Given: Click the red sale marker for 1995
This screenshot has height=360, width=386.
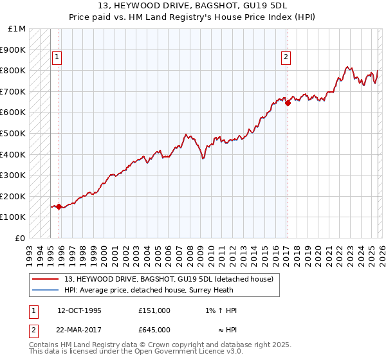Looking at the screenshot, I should pos(59,206).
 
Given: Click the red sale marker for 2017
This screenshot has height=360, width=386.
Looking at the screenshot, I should pos(288,103).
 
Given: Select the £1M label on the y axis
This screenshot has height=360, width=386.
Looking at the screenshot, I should pos(17,29).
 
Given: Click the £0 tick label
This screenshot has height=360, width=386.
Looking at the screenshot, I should pos(20,238).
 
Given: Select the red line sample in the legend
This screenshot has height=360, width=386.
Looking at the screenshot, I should pos(45,279).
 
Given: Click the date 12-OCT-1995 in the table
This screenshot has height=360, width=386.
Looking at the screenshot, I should pos(79,310).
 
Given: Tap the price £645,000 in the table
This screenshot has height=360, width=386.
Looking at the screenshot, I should pos(154,330).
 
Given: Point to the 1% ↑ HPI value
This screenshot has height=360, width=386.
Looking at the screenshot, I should pos(218,310).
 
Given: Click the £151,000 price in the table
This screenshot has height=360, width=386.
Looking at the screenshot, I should pos(154,310).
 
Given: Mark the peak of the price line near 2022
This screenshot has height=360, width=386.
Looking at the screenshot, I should pos(347,67).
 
